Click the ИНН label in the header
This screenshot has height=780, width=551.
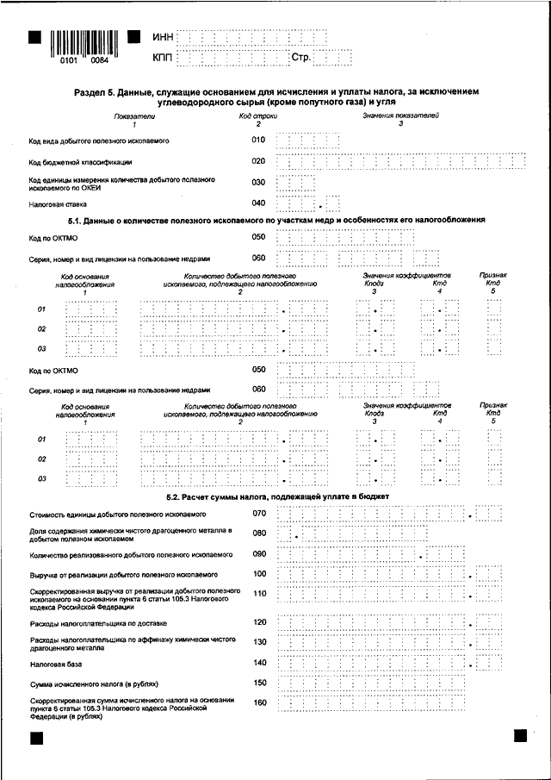162,37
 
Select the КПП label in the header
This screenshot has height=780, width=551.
162,58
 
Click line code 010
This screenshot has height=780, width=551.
258,139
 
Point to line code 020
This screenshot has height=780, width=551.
258,161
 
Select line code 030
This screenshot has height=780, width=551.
258,182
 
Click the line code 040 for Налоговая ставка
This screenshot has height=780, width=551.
258,203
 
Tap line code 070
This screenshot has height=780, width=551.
259,514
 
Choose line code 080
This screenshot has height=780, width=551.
259,534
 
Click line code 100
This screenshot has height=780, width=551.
259,573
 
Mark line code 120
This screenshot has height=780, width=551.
259,621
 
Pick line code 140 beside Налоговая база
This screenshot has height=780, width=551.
259,663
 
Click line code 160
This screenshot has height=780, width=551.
259,703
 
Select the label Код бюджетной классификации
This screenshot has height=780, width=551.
80,161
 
